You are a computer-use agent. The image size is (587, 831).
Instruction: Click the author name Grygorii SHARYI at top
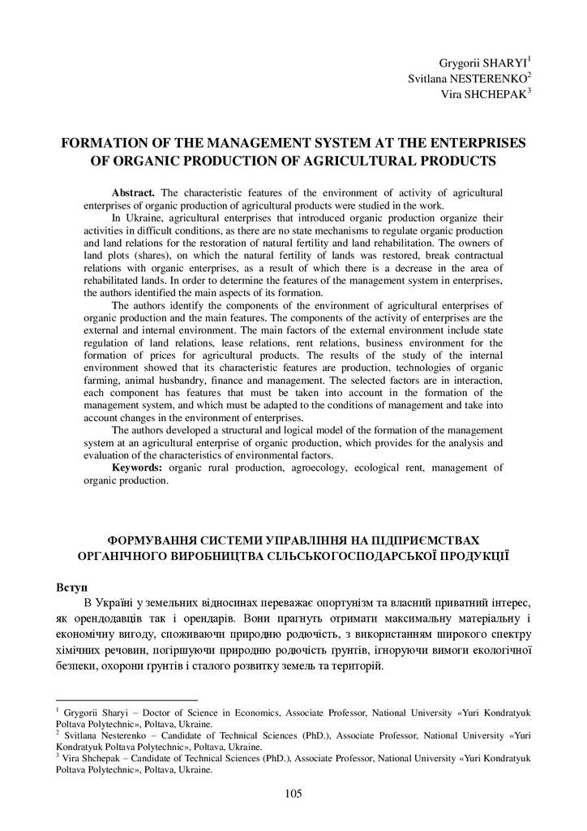pos(482,62)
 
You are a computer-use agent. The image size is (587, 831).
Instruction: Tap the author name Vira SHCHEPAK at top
pos(485,93)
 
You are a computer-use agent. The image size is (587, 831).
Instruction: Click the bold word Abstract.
pos(134,193)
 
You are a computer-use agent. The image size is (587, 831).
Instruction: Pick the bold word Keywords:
pos(137,468)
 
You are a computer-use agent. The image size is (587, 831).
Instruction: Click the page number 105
pos(293,794)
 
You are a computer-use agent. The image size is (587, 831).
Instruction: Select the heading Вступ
pos(72,586)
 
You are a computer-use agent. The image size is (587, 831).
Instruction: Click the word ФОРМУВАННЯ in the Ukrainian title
pos(156,539)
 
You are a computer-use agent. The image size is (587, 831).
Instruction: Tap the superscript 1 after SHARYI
pos(529,58)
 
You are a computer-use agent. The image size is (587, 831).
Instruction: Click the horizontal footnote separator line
pos(126,700)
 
